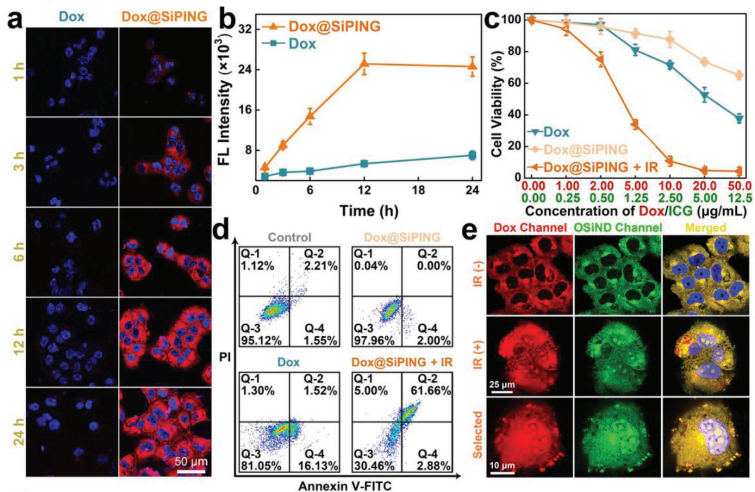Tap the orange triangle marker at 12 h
[x=364, y=63]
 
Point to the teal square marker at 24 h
[x=473, y=155]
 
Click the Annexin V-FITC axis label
[x=348, y=485]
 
